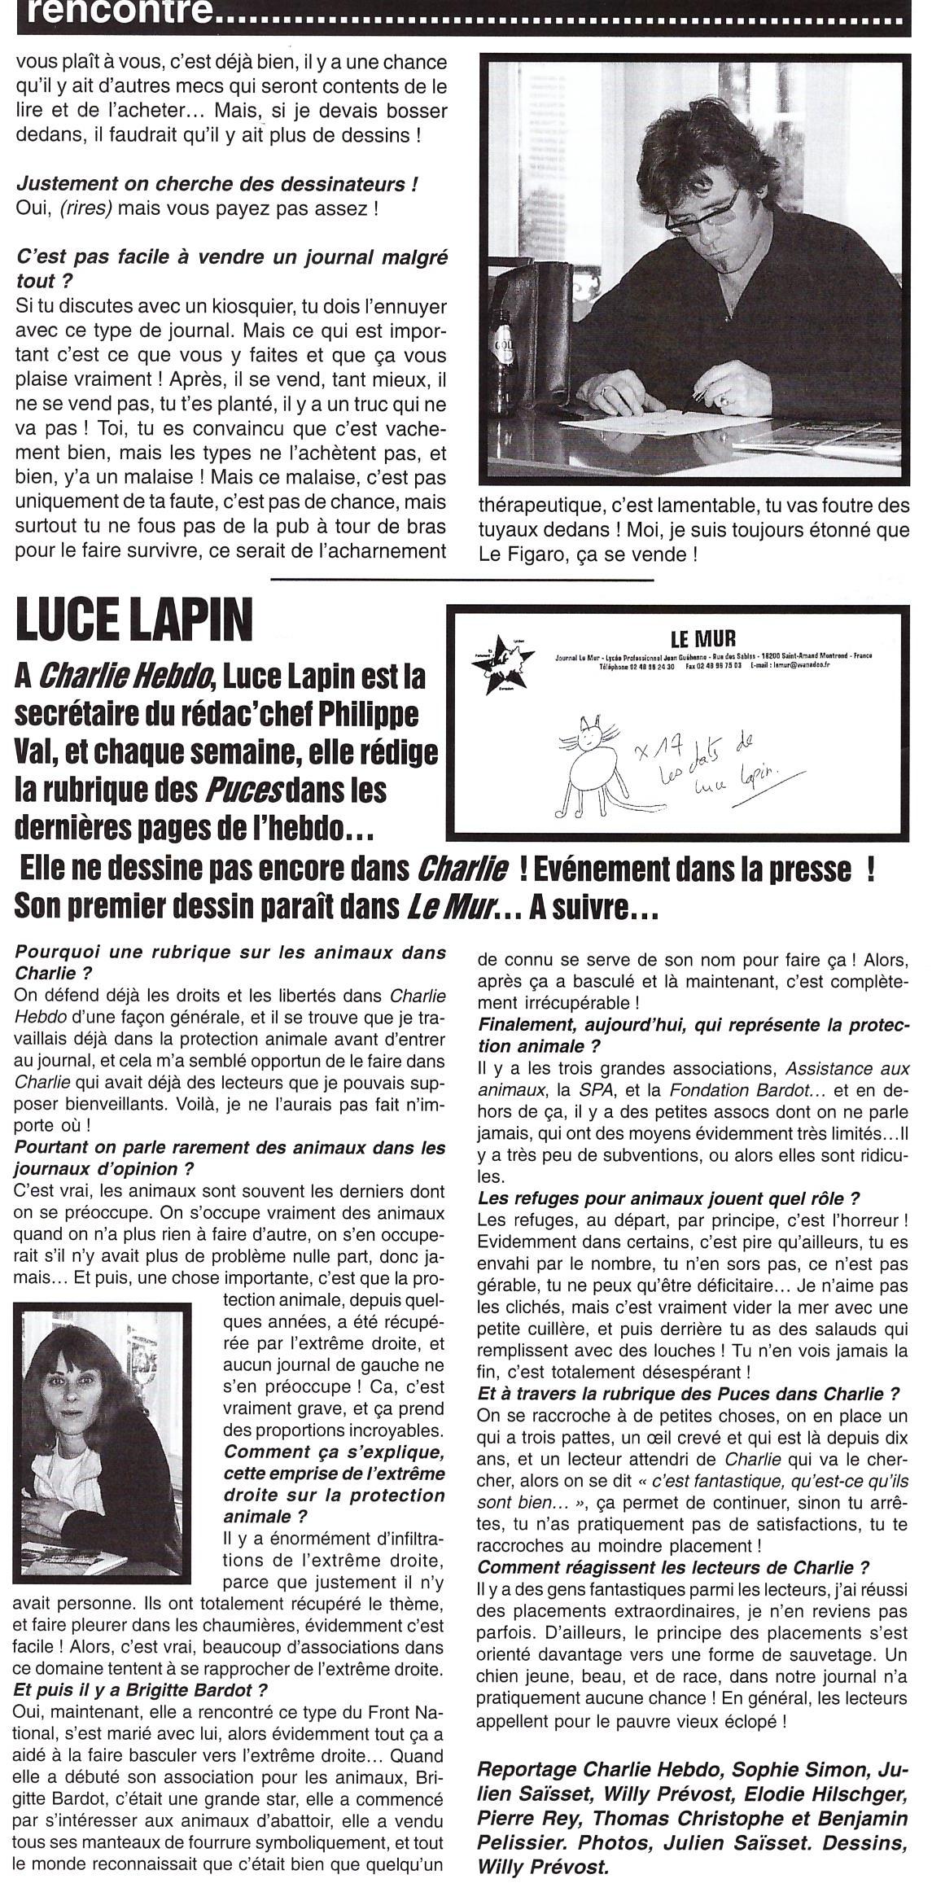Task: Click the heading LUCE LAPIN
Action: pyautogui.click(x=134, y=623)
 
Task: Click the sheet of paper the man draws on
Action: pyautogui.click(x=651, y=427)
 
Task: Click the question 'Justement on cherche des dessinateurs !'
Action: pyautogui.click(x=218, y=185)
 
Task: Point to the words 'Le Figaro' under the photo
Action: pyautogui.click(x=517, y=554)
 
